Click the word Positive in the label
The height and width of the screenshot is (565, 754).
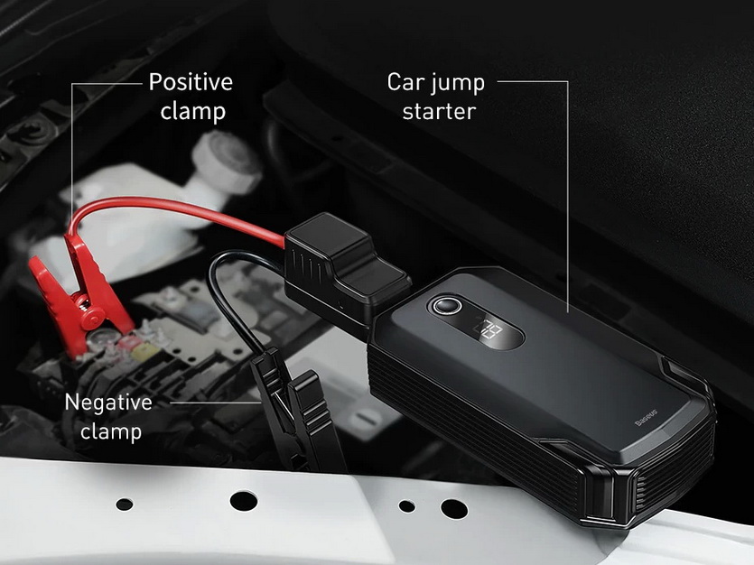click(x=191, y=81)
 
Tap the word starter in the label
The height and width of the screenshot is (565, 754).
click(x=439, y=111)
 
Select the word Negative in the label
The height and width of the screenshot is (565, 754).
click(x=108, y=403)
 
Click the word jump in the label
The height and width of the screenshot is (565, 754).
click(x=457, y=84)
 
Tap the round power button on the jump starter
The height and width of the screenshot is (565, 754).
click(x=447, y=306)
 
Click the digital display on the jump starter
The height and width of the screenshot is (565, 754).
click(x=489, y=331)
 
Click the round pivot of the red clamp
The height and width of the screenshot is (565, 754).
click(x=92, y=318)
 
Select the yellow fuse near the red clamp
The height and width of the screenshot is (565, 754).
click(x=144, y=351)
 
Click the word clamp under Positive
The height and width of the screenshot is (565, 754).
click(x=193, y=112)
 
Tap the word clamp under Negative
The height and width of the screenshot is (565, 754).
click(x=111, y=431)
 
